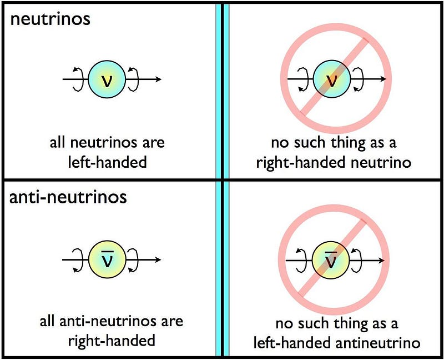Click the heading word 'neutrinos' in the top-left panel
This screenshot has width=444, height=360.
click(x=50, y=19)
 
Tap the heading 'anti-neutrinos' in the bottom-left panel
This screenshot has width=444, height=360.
click(x=68, y=197)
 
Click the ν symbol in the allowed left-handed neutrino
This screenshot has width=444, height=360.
click(x=107, y=80)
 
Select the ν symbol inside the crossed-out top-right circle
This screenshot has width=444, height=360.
click(x=331, y=80)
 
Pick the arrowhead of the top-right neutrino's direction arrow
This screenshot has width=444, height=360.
click(x=383, y=79)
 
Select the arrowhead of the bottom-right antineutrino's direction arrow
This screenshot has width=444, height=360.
click(x=381, y=260)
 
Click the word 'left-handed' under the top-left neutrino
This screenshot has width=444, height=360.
click(x=107, y=162)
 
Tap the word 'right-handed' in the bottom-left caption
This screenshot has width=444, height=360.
click(x=112, y=341)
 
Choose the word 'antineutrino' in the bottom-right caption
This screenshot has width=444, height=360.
click(x=378, y=342)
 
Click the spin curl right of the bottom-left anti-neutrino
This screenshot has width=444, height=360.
click(x=133, y=260)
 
